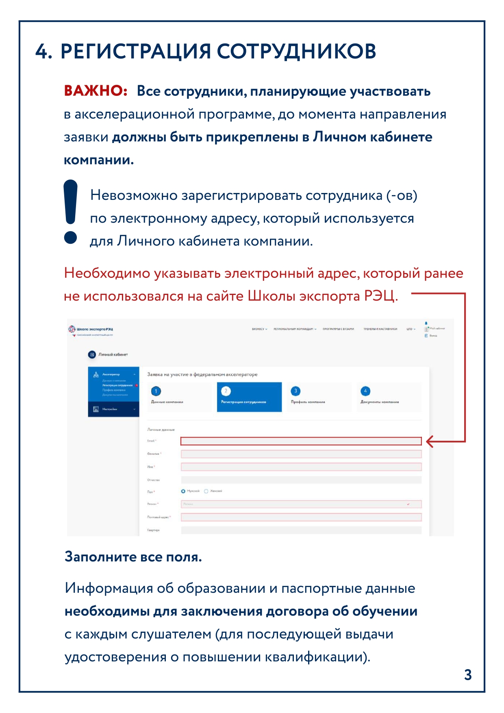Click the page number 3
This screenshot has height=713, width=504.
468,675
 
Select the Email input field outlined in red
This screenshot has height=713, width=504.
301,441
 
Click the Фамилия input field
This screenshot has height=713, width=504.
301,454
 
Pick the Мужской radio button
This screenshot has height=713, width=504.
183,491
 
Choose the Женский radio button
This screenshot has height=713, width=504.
206,491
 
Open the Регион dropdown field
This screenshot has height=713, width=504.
301,504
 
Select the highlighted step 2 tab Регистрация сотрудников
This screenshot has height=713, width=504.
249,397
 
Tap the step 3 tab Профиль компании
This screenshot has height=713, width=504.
319,397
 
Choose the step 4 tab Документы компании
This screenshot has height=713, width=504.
389,397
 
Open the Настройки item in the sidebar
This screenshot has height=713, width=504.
113,409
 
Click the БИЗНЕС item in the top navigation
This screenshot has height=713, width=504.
259,329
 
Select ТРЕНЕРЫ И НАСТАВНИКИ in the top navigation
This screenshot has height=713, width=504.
380,329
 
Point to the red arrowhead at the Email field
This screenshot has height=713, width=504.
429,442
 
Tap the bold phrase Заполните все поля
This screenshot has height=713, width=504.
133,557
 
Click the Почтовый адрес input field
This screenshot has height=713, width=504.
301,517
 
